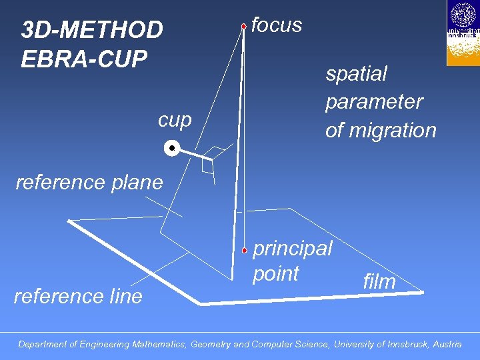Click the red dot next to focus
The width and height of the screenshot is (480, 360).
point(244,26)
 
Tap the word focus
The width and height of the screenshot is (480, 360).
point(277,25)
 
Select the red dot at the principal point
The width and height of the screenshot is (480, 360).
point(245,250)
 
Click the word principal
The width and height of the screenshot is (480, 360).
point(292,249)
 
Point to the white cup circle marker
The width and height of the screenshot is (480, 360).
point(171,147)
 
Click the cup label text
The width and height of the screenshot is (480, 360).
point(175,120)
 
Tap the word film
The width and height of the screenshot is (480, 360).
point(379,281)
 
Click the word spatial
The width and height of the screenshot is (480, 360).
point(356,74)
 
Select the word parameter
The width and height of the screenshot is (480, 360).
point(374,102)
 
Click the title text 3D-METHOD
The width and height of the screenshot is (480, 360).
point(92,30)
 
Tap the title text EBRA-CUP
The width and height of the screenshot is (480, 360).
point(83,59)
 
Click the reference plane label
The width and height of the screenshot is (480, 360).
point(89,182)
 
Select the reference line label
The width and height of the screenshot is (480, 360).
point(78,296)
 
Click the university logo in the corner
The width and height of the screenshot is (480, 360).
point(463,33)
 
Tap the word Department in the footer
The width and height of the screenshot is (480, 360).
point(43,345)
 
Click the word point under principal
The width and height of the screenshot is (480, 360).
point(275,274)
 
